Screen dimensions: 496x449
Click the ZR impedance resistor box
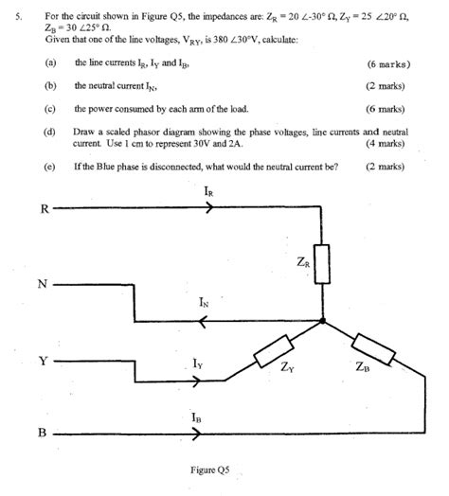(322, 263)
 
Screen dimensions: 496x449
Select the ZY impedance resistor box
(276, 350)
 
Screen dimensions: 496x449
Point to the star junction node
(323, 321)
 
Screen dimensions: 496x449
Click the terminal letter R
(42, 209)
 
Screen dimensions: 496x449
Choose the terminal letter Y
(42, 360)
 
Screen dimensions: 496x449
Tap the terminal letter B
(42, 434)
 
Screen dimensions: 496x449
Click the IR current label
(207, 192)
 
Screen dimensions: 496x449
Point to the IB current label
(195, 417)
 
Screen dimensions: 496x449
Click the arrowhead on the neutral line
(201, 321)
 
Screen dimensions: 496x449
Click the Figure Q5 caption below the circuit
(210, 469)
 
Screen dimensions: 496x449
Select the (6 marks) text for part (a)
(387, 63)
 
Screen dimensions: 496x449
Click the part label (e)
(49, 166)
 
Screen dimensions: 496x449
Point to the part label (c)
(49, 108)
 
